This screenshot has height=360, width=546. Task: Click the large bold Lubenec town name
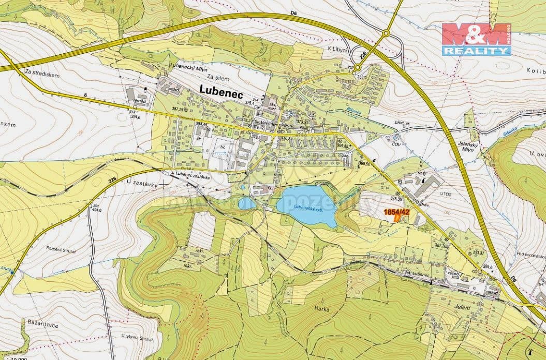coord(223,89)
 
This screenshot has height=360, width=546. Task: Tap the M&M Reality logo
coord(476,39)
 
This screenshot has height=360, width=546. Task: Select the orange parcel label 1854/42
coord(396,212)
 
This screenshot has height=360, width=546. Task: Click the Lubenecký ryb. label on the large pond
coord(308,207)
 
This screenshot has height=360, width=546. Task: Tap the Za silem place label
coord(217,77)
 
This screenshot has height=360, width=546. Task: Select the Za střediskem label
coord(42,75)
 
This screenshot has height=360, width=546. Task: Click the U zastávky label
coord(140,183)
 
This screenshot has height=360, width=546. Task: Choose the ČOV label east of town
coord(396,144)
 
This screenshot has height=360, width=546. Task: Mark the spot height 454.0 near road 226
coord(95,209)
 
